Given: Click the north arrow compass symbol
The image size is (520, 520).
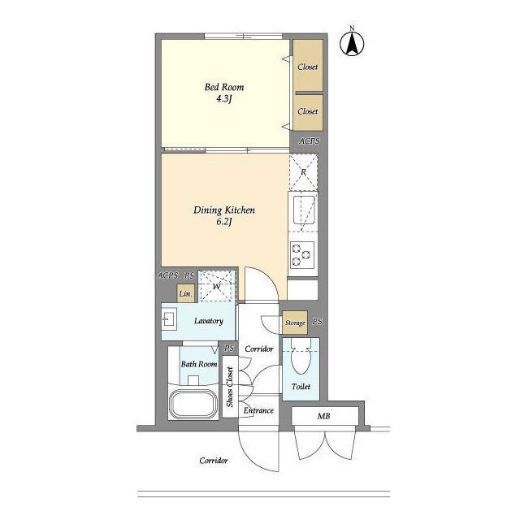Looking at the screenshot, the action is point(352,42).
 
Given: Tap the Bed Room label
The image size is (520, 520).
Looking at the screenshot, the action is point(224,87).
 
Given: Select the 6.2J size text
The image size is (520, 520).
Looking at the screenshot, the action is point(223,222).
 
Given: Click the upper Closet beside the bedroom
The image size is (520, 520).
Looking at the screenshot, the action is point(308,65).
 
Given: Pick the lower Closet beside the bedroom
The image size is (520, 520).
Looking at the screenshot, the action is point(308,113).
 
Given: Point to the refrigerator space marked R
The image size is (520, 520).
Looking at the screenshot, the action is point(303,172).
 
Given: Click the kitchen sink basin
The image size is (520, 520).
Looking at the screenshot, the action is point(304,210).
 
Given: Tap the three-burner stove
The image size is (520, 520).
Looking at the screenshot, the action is point(302,254).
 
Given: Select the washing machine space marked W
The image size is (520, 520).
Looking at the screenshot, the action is point(217,286).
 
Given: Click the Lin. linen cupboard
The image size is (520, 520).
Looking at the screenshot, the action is point(186,293).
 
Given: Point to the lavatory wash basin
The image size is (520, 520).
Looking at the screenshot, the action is point(169,319).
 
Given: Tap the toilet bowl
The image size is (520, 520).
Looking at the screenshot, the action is point(301,356).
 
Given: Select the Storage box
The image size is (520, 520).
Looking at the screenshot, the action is point(295,323).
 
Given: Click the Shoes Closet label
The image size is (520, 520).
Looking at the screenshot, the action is point(230,387).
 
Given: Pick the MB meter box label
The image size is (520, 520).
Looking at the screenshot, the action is point(323,416).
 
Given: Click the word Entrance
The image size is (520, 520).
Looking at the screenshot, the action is point(258,410).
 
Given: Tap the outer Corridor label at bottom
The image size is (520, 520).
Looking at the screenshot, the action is point(214,461).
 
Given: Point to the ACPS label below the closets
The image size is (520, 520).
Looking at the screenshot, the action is point(310,141).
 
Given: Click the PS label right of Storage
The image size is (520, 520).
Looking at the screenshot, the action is point(318,322).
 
